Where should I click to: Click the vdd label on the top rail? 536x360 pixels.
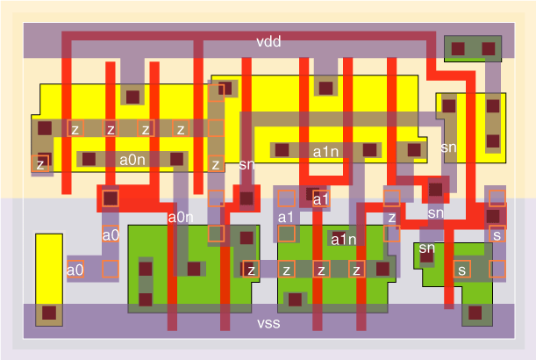pos(268,42)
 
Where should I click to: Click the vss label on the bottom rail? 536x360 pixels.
pos(268,323)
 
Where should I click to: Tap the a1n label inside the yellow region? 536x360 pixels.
pos(326,151)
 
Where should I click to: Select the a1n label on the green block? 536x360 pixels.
pos(343,239)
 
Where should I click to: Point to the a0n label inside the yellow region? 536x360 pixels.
pos(132,160)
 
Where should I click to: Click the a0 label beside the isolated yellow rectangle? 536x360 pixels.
pos(75,270)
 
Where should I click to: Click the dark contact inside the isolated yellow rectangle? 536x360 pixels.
pos(49,312)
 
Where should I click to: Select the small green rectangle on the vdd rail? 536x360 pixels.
pos(473,48)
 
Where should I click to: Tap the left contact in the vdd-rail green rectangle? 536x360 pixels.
pos(457,47)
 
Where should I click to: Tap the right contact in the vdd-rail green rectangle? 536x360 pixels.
pos(490,47)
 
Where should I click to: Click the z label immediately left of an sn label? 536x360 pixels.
pos(216,164)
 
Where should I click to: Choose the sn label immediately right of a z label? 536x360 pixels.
pos(247,164)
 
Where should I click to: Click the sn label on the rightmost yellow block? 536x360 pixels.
pos(448,148)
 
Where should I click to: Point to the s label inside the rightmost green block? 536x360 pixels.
pos(461,269)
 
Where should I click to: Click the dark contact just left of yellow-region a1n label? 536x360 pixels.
pos(282,150)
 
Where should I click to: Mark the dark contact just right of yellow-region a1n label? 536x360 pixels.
pos(370,150)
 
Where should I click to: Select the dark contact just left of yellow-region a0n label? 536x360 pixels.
pos(89,159)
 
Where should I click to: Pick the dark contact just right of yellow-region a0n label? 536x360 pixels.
pos(176,159)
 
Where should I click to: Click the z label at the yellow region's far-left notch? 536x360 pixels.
pos(40,162)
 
